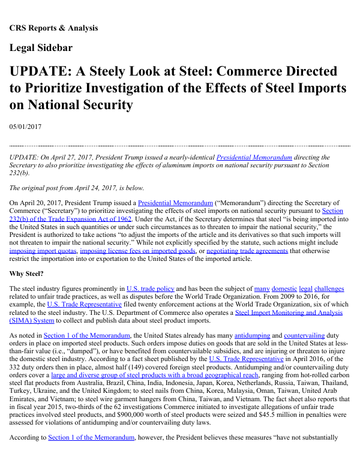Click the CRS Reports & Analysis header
click(53, 28)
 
